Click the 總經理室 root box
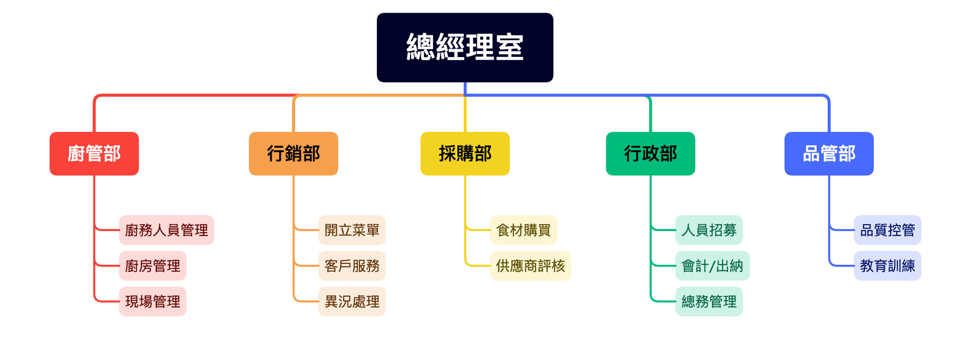(x=465, y=48)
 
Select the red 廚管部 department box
(x=94, y=154)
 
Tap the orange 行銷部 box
(x=293, y=154)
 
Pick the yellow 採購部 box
(x=465, y=154)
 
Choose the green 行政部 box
(x=650, y=154)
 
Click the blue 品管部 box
(x=829, y=154)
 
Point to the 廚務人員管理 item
(x=166, y=230)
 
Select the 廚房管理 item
(x=153, y=266)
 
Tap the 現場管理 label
(x=153, y=301)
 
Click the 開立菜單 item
(x=352, y=230)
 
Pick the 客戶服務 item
(x=352, y=266)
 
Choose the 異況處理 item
(x=352, y=301)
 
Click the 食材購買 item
(x=523, y=230)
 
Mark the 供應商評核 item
(x=531, y=266)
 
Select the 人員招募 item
(x=709, y=230)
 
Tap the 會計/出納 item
(x=713, y=266)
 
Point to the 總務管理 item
(x=709, y=301)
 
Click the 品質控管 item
(x=888, y=230)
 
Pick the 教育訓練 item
(x=888, y=266)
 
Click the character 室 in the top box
(x=509, y=47)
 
